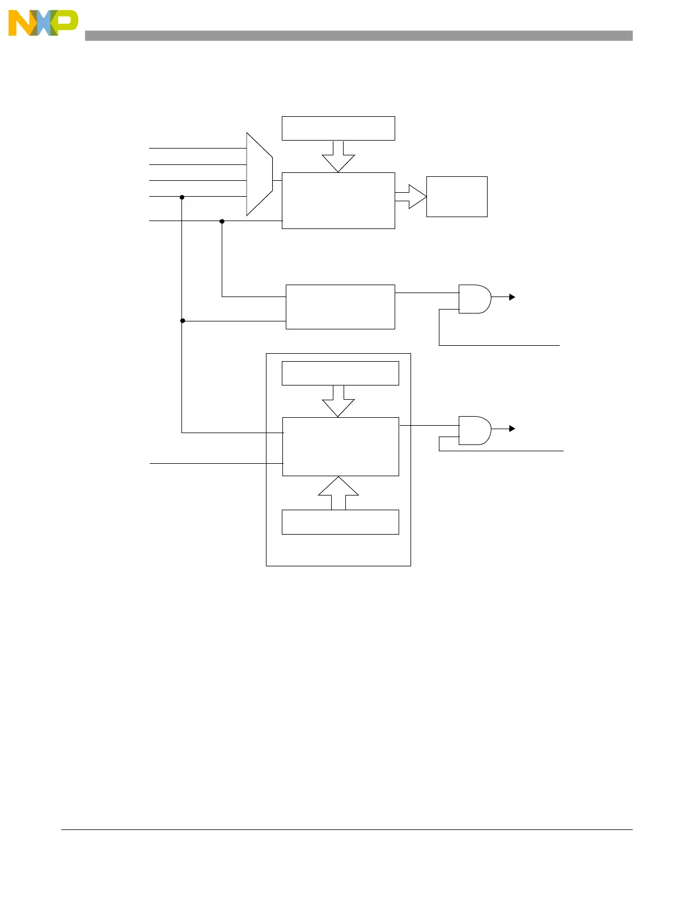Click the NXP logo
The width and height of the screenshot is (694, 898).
tap(43, 23)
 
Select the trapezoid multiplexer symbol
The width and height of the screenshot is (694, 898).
tap(260, 175)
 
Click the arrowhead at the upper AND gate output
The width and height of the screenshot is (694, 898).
tap(512, 297)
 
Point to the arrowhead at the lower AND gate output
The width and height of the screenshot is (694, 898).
tap(512, 429)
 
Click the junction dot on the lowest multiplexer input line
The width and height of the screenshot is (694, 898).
tap(182, 197)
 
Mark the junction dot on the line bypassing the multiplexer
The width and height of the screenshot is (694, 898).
tap(222, 221)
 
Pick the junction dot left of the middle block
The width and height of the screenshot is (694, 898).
tap(183, 321)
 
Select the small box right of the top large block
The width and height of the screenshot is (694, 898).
tap(456, 197)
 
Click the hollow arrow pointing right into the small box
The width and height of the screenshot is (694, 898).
tap(411, 197)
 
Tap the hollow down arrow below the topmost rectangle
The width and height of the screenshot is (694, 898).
tap(338, 156)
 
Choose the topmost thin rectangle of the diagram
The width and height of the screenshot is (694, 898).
tap(338, 128)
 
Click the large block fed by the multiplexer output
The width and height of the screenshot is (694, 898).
tap(338, 201)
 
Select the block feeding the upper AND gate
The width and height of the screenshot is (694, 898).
tap(340, 307)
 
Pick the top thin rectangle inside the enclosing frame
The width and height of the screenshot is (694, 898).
tap(340, 373)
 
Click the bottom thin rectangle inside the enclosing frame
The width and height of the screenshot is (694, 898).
tap(340, 522)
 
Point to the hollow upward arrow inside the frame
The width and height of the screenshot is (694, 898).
tap(338, 493)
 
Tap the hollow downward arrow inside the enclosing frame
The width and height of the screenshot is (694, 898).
tap(338, 401)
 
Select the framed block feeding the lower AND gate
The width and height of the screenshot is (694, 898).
tap(340, 447)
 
